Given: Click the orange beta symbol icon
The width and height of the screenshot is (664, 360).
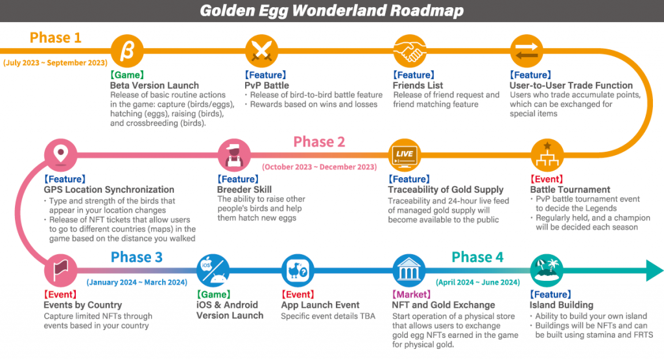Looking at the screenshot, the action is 127,51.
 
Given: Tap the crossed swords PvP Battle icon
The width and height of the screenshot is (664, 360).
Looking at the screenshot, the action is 262,51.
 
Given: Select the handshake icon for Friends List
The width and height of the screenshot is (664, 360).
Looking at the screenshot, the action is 410,51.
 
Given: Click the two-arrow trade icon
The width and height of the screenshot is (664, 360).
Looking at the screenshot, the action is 527,51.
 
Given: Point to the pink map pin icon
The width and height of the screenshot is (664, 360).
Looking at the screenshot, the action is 60,155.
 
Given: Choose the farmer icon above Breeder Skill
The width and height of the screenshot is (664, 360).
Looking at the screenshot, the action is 233,155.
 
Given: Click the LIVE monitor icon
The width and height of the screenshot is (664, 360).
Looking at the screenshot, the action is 405,155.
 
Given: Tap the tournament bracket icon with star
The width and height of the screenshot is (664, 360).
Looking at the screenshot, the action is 547,155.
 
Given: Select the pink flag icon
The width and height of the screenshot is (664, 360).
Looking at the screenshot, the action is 60,270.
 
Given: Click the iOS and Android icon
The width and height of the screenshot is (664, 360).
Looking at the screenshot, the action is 213,270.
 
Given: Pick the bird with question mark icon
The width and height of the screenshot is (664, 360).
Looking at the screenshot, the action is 298,270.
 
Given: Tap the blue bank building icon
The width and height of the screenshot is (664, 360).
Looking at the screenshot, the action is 409,270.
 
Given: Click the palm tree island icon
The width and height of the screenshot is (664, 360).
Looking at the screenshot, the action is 547,270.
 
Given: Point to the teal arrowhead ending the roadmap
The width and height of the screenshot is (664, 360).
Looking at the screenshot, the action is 655,270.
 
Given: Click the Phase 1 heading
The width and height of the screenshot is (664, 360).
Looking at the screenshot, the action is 55,38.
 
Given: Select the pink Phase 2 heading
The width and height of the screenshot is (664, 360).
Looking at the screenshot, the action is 319,141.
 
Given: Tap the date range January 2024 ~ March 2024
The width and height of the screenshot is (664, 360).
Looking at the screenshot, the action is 137,282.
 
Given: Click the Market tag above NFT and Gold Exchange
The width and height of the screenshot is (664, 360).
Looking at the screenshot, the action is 411,294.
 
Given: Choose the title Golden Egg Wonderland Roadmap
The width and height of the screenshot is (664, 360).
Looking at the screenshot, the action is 331,10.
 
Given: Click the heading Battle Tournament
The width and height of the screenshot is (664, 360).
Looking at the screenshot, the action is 570,189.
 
